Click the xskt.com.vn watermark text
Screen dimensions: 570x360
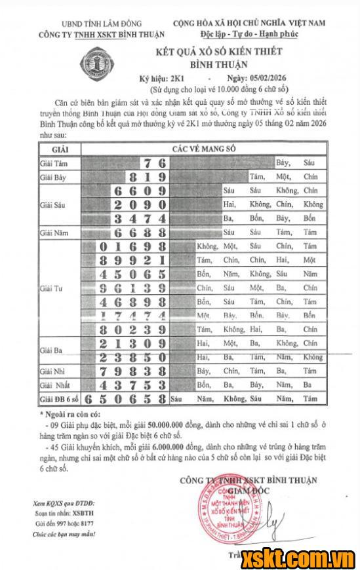pyautogui.click(x=296, y=559)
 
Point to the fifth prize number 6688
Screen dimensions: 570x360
pyautogui.click(x=140, y=233)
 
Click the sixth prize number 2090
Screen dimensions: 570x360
pyautogui.click(x=140, y=204)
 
